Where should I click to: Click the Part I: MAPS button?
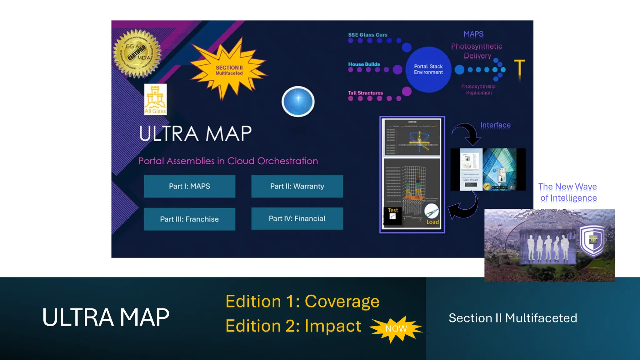[189, 186]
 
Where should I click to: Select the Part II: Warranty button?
[297, 186]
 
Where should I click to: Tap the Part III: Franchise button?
[189, 219]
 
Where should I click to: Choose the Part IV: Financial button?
[297, 218]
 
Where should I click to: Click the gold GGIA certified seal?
[137, 53]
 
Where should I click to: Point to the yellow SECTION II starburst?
[229, 69]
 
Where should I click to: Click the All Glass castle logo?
[155, 99]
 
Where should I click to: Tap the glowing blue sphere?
[298, 101]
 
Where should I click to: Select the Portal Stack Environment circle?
[428, 69]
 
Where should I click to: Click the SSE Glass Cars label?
[367, 35]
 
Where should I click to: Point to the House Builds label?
[364, 64]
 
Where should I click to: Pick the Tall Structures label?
[365, 93]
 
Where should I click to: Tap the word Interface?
[495, 125]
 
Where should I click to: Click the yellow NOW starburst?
[396, 329]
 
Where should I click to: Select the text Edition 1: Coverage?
[302, 301]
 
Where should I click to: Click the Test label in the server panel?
[393, 210]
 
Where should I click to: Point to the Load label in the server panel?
[433, 222]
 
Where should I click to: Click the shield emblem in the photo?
[592, 240]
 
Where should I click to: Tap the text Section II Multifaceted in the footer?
[513, 318]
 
